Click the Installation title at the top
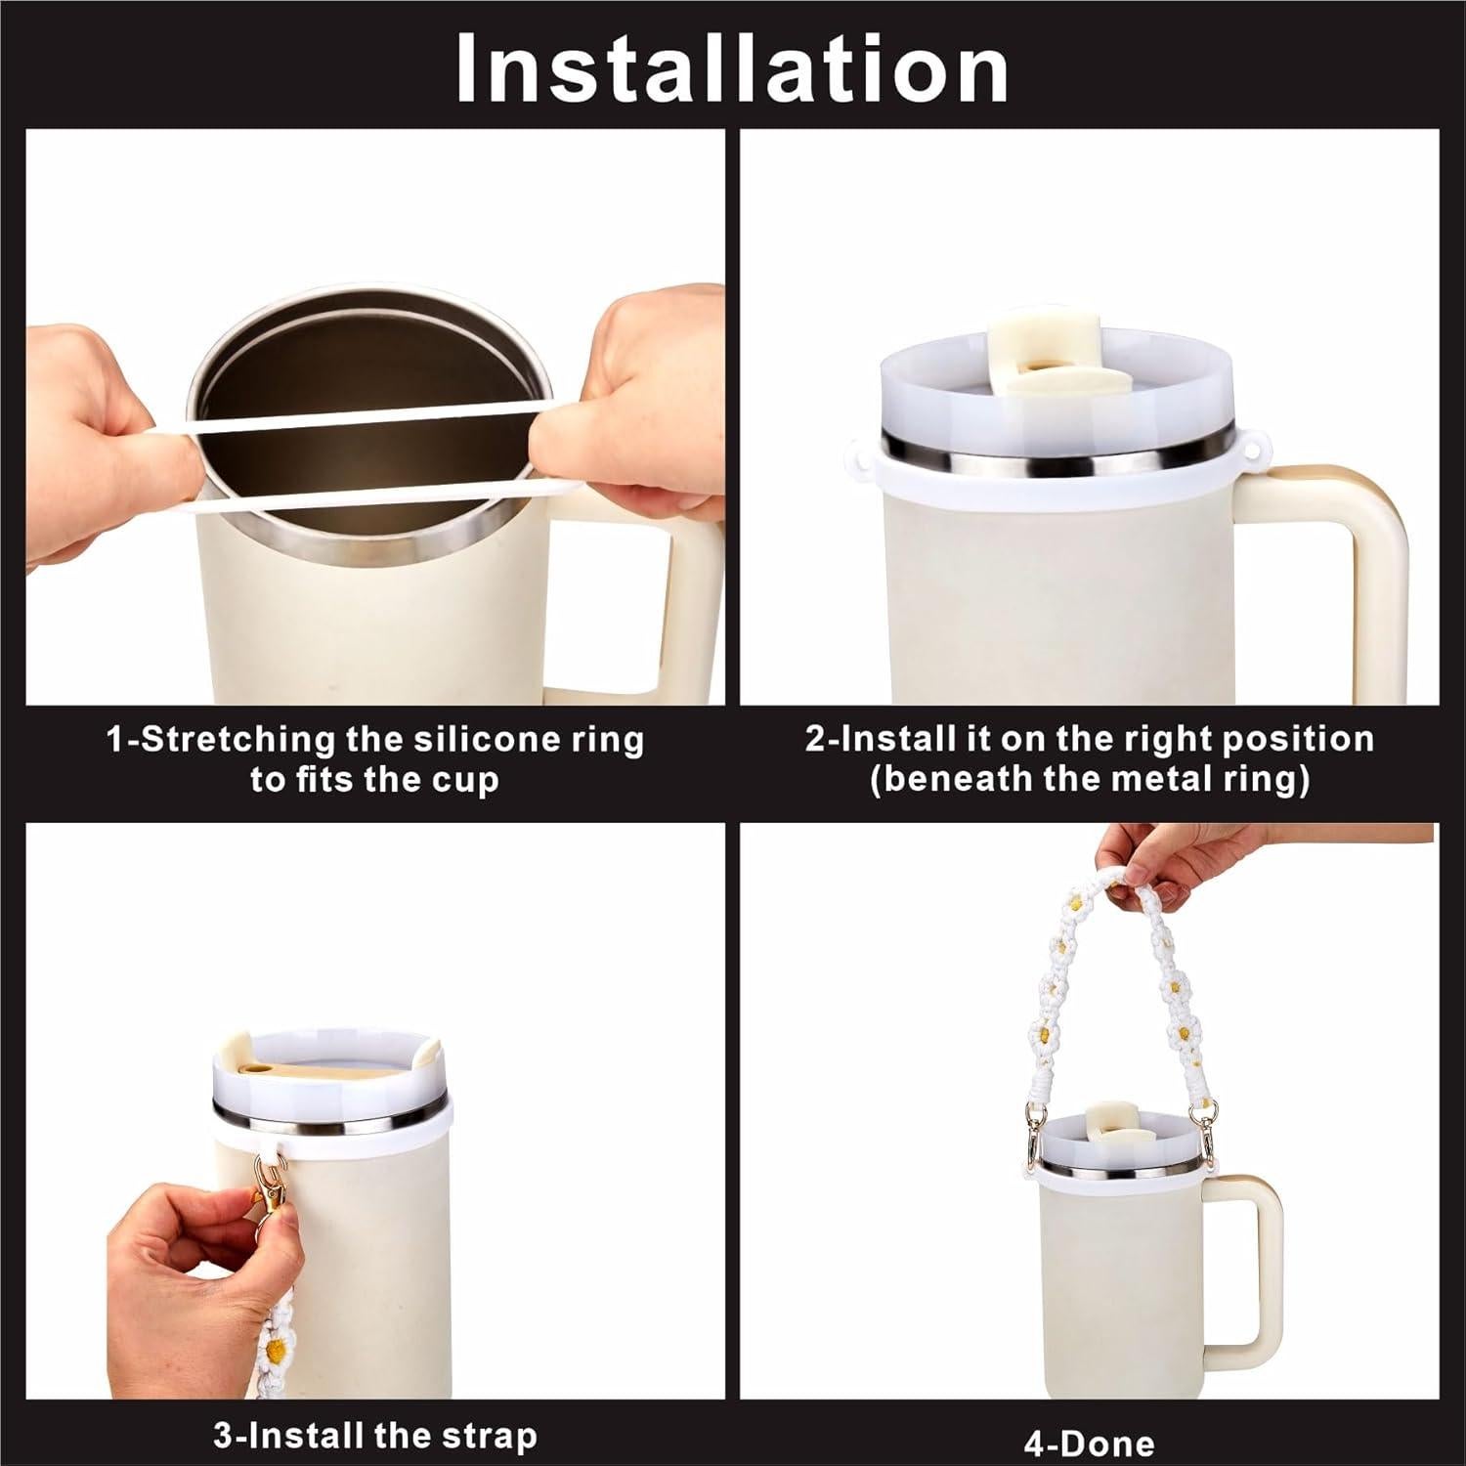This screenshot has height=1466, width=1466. coord(732,68)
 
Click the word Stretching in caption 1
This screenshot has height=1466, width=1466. coord(240,739)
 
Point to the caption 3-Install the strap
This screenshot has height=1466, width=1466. coord(375,1435)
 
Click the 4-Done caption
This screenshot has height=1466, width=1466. coord(1089,1443)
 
